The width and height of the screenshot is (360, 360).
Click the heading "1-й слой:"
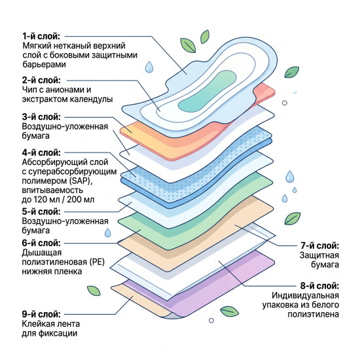[41, 36]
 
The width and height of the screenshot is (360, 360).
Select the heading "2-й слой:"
[41, 81]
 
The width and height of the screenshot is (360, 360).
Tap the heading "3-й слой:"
[41, 117]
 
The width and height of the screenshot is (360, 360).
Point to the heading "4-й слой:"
[41, 153]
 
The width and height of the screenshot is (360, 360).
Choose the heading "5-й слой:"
[41, 211]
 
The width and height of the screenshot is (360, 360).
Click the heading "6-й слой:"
[41, 243]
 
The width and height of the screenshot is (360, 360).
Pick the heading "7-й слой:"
[319, 246]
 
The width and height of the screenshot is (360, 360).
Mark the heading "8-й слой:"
[319, 286]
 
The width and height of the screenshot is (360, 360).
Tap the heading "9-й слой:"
[41, 314]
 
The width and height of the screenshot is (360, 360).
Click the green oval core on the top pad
[207, 92]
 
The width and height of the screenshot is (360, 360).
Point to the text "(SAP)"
[81, 181]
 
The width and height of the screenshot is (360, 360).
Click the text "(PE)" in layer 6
[97, 262]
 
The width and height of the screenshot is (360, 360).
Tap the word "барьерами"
[44, 65]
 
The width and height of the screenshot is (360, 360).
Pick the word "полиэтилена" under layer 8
[313, 314]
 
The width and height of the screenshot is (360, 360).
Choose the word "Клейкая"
[35, 324]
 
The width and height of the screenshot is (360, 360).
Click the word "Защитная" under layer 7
[319, 255]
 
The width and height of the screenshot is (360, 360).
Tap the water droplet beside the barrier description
[149, 67]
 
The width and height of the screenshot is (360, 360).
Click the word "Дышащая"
[42, 253]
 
